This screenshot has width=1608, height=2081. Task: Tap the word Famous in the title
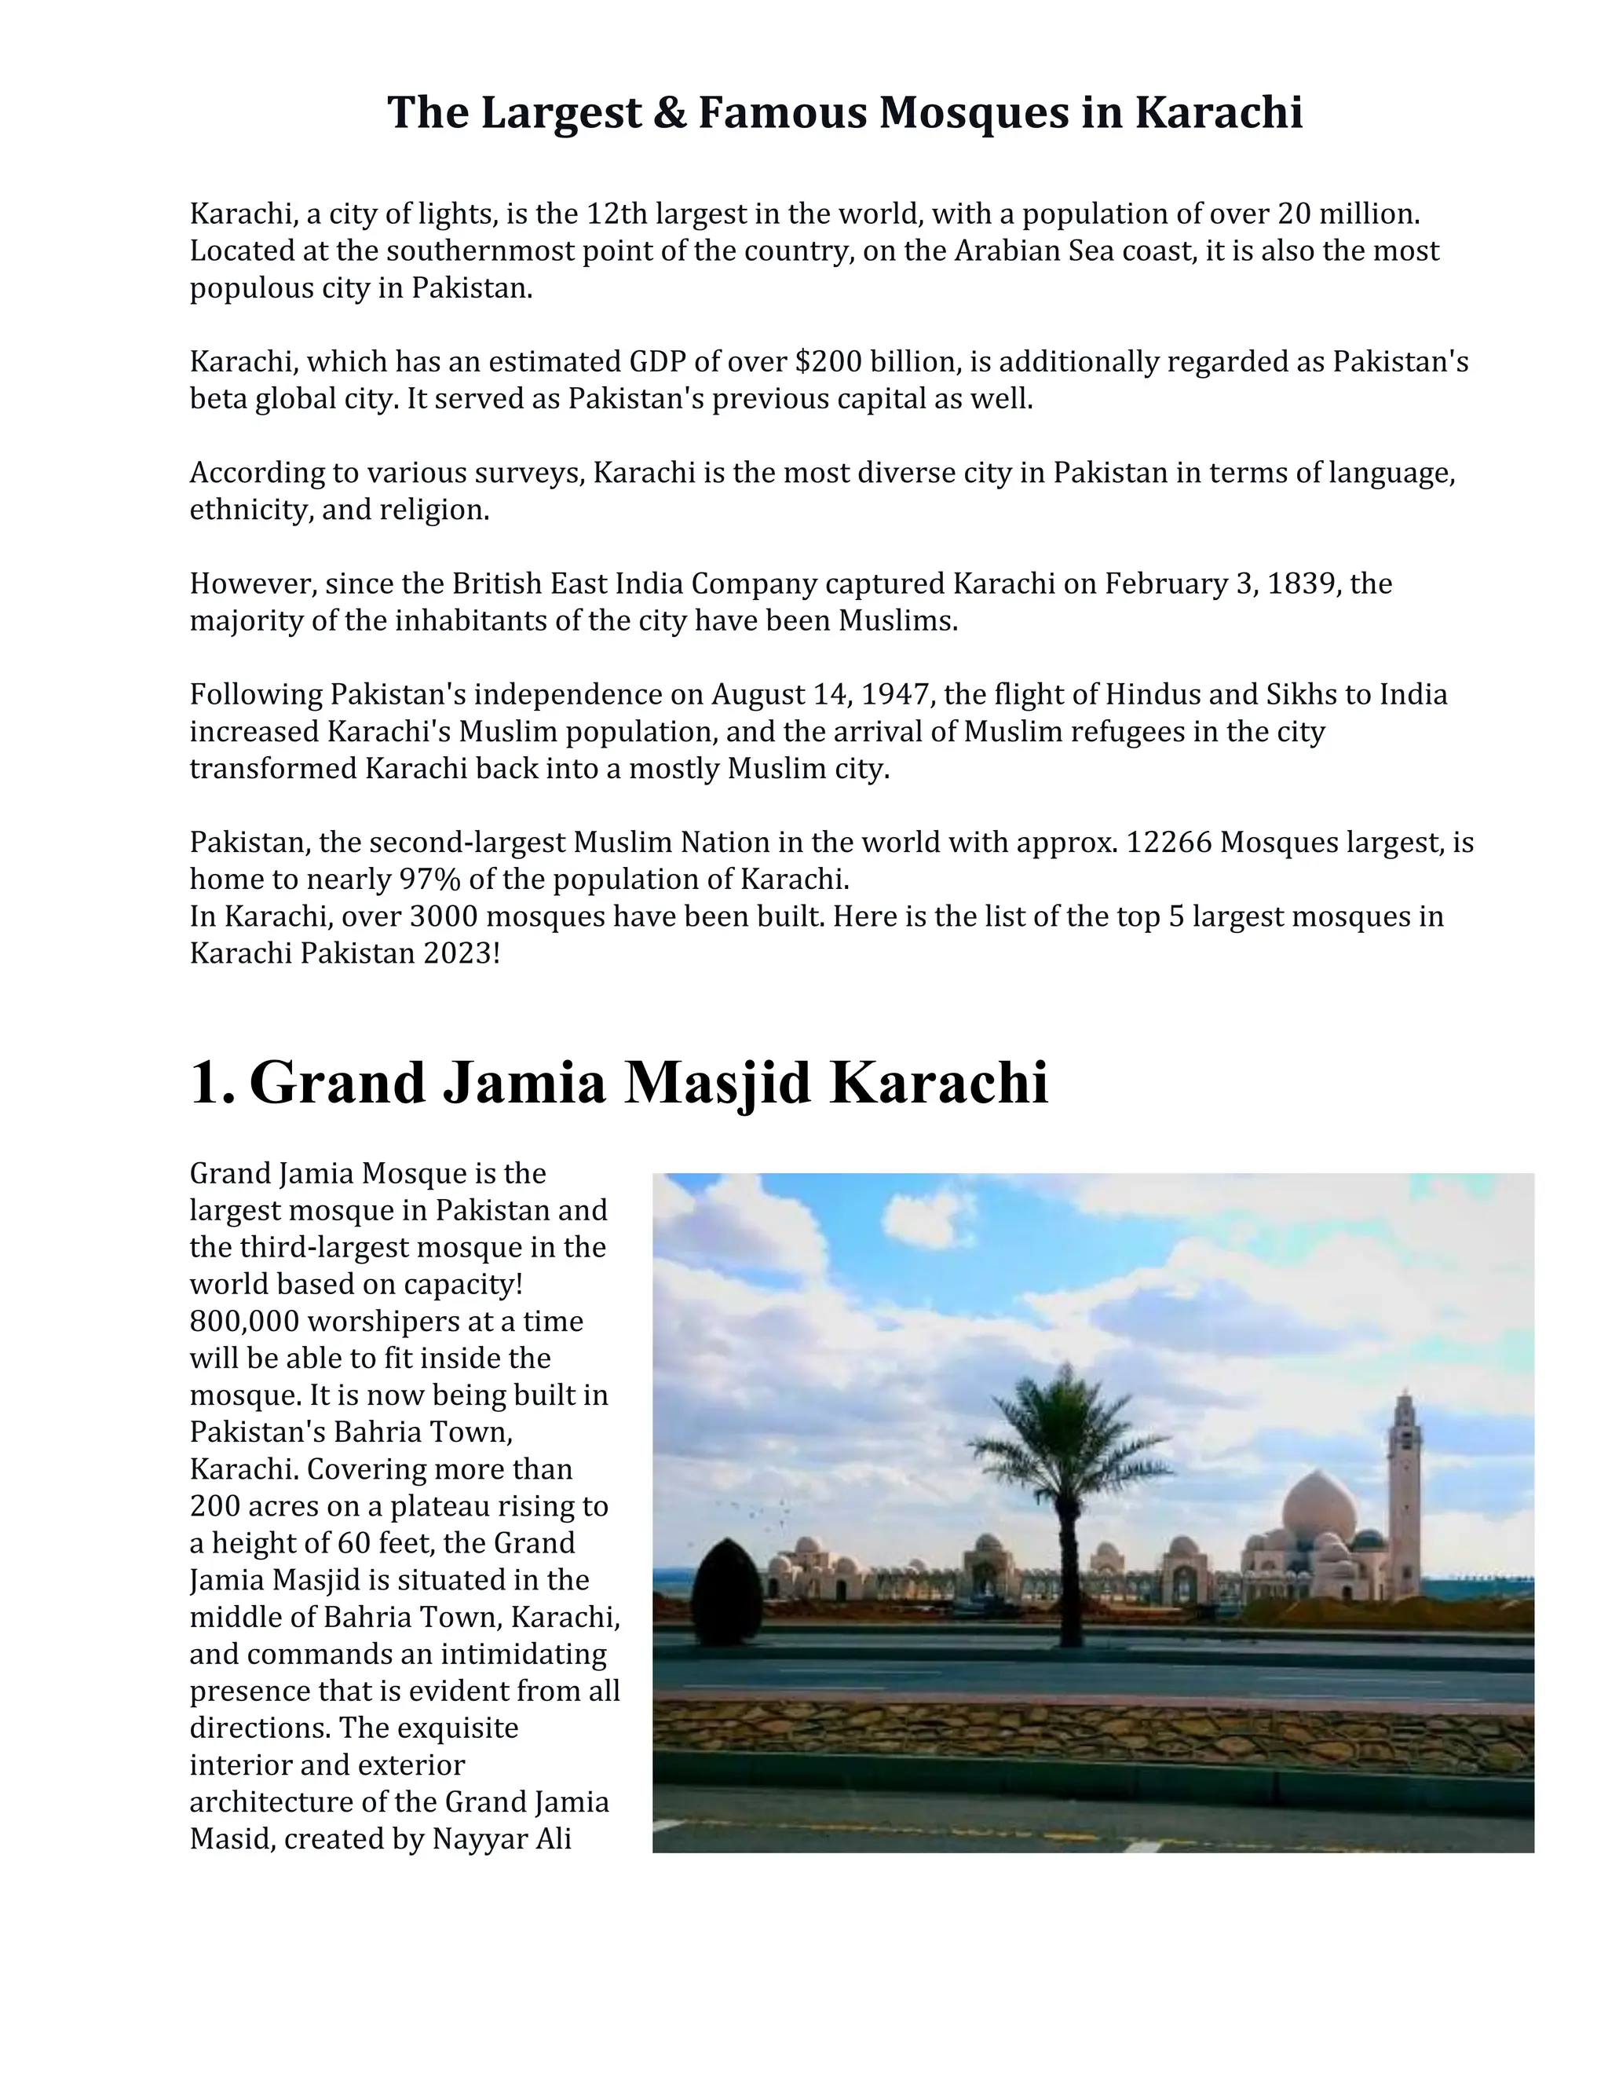(781, 113)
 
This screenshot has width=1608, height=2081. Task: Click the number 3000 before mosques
(443, 916)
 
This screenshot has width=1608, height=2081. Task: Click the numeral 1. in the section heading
(211, 1084)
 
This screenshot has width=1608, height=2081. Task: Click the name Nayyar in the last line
(479, 1839)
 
